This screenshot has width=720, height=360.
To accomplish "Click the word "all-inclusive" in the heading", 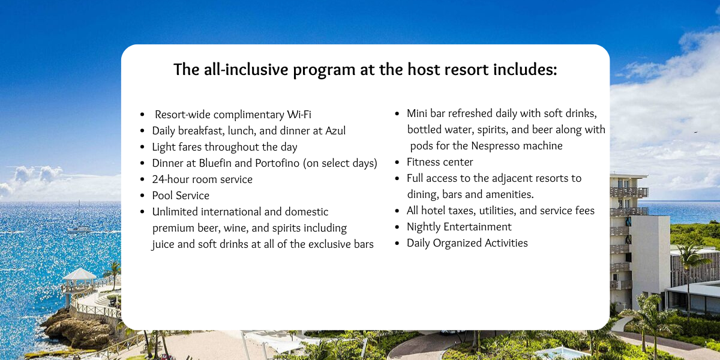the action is tap(246, 70).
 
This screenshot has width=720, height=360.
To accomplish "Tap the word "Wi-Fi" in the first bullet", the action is tap(299, 115).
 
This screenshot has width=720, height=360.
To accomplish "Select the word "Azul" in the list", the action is tap(335, 131).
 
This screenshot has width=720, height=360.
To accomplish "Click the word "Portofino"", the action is tap(277, 163).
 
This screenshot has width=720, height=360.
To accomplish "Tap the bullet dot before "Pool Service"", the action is tap(142, 196).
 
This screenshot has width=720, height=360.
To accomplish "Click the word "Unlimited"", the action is tap(175, 211).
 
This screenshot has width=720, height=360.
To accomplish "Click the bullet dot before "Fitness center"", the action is tap(397, 163).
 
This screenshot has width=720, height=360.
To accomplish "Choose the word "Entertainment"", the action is tap(478, 227).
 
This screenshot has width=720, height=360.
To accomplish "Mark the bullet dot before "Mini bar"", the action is tap(397, 114).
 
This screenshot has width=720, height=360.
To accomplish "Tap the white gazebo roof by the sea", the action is tap(79, 274).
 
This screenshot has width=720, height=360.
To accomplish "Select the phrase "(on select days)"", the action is tap(340, 163).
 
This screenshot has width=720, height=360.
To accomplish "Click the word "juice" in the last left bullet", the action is tap(163, 244).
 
